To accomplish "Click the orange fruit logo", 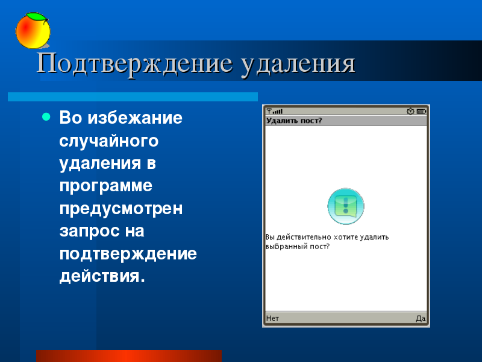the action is pyautogui.click(x=33, y=31).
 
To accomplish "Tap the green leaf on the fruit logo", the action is pyautogui.click(x=36, y=17).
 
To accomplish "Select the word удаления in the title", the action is pyautogui.click(x=298, y=65).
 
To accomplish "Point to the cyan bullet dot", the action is pyautogui.click(x=46, y=116).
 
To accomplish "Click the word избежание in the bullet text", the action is pyautogui.click(x=135, y=118).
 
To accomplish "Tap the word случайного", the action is pyautogui.click(x=109, y=141).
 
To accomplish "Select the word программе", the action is pyautogui.click(x=106, y=186).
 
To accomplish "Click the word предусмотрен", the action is pyautogui.click(x=121, y=209).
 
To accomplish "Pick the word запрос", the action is pyautogui.click(x=89, y=232).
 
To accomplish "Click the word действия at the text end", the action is pyautogui.click(x=102, y=276).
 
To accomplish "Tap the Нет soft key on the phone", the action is pyautogui.click(x=272, y=319).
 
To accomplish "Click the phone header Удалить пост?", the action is pyautogui.click(x=294, y=120).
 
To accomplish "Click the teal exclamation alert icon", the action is pyautogui.click(x=346, y=206).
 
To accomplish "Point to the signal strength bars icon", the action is pyautogui.click(x=278, y=111).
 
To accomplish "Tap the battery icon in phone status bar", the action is pyautogui.click(x=421, y=111).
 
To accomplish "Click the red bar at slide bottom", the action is pyautogui.click(x=129, y=356).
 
